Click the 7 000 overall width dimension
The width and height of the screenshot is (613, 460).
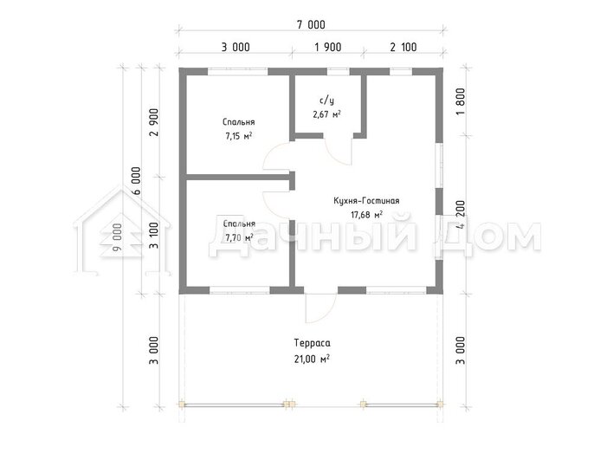point(311,24)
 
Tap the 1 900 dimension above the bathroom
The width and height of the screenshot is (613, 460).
point(328,48)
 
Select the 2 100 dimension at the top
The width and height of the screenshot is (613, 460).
point(403,48)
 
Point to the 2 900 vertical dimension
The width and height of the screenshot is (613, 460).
point(154,122)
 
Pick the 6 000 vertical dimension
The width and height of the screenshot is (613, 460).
point(136,181)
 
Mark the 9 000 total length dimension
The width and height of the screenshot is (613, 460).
point(117,237)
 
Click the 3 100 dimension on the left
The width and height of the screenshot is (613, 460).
point(154,236)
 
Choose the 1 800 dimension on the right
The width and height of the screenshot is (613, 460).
point(461,101)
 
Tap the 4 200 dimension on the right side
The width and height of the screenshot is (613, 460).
point(461,214)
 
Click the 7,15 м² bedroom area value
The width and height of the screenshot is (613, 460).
point(238,137)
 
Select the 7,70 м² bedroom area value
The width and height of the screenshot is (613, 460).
point(239,238)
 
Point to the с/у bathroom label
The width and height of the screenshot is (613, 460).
point(326,100)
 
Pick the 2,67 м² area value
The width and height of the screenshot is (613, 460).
point(326,114)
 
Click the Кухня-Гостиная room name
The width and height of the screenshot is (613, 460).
point(366,201)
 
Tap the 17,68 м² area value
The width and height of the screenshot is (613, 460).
point(366,215)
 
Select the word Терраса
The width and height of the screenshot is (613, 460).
point(312,343)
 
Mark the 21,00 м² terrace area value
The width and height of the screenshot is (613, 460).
point(312,359)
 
